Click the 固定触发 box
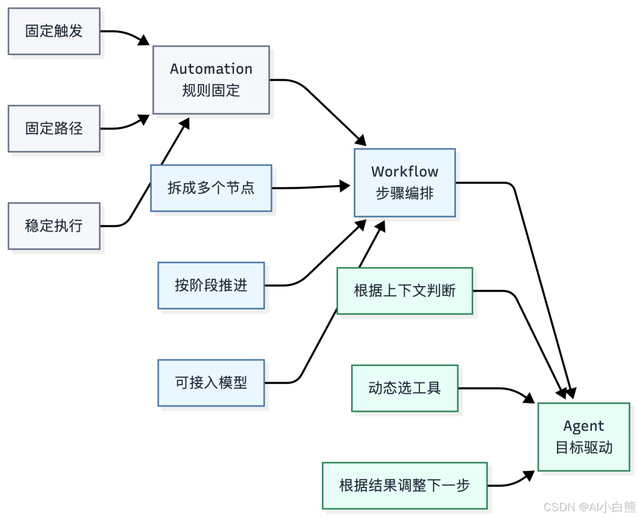tap(54, 31)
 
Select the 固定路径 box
tap(54, 128)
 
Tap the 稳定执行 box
tap(54, 226)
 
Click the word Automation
tap(211, 69)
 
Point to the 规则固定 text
tap(211, 91)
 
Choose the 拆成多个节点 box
tap(211, 188)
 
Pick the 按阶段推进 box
tap(211, 285)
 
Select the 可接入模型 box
tap(211, 383)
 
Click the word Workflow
tap(405, 172)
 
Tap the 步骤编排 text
tap(405, 193)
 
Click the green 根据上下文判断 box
tap(405, 291)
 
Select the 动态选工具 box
tap(405, 388)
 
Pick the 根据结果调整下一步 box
tap(405, 486)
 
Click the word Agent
tap(584, 426)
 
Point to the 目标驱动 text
tap(584, 447)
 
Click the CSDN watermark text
tap(588, 507)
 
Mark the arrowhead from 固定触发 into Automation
tap(144, 41)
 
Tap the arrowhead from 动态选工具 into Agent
tap(530, 399)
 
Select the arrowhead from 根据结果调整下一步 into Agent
tap(530, 474)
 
